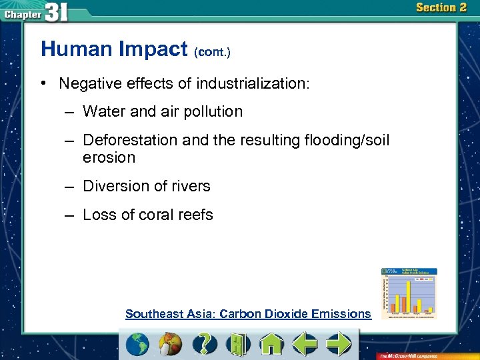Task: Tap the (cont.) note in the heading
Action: (212, 52)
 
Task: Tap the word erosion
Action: (109, 158)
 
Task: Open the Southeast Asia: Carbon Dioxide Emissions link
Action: (248, 314)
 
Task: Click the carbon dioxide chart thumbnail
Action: (409, 292)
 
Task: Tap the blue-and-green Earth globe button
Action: (138, 344)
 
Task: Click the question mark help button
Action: (205, 344)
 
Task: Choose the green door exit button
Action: (238, 344)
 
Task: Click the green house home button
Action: (271, 344)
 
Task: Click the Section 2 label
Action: (441, 8)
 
